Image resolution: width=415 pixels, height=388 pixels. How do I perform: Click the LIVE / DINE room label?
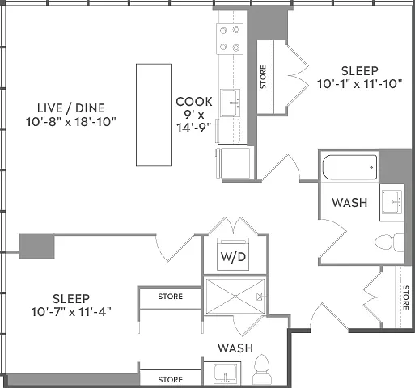[71, 108]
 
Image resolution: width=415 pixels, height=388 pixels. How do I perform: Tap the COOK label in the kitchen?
[194, 102]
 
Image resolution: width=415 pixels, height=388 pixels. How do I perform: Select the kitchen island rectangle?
[154, 115]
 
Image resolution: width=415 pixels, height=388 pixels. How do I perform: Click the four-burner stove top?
[230, 39]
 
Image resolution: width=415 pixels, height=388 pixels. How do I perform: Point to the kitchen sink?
[231, 103]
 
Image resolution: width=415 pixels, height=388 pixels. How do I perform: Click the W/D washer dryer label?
[233, 257]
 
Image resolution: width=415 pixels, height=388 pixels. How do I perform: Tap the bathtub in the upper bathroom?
[349, 167]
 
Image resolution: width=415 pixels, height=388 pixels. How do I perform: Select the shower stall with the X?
[235, 297]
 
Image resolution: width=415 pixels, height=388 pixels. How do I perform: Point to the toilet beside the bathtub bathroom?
[390, 242]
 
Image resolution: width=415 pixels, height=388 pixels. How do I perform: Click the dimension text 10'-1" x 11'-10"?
[360, 84]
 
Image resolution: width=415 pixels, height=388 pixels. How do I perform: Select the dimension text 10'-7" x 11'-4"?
[71, 312]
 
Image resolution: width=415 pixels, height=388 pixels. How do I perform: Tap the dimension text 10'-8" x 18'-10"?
[71, 122]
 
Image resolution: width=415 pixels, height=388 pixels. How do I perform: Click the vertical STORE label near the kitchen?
[263, 77]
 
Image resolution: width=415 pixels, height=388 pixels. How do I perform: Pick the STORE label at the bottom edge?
[171, 380]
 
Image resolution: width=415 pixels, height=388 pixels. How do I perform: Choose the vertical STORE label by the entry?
[406, 297]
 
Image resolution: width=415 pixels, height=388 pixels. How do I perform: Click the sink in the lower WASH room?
[225, 373]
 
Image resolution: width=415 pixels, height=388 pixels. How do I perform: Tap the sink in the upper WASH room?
[392, 202]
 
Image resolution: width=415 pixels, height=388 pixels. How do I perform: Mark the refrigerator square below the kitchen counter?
[234, 163]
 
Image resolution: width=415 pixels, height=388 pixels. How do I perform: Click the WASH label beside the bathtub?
[349, 203]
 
